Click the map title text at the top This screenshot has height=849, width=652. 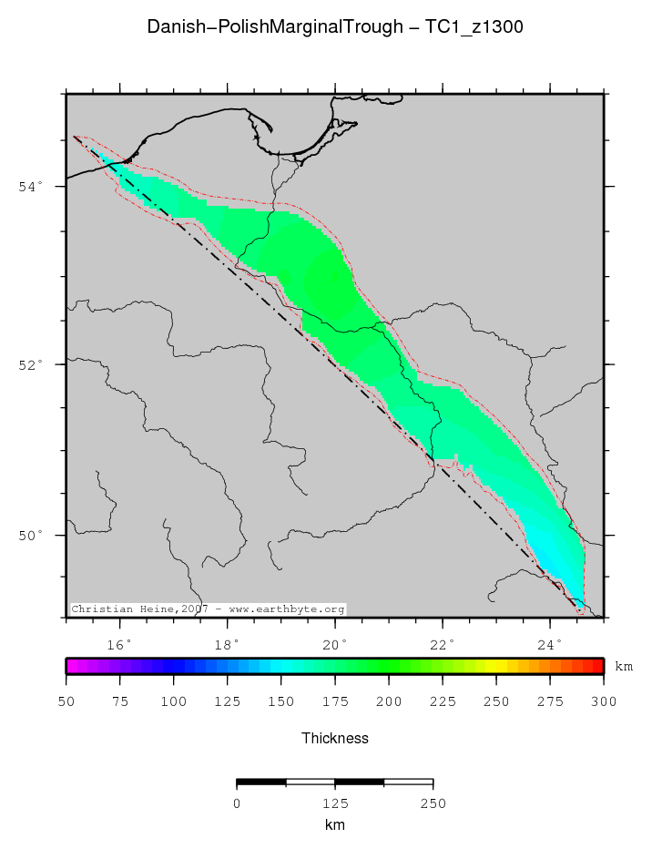(x=334, y=28)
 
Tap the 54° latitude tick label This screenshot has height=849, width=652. (x=31, y=187)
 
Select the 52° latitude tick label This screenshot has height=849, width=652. (x=31, y=364)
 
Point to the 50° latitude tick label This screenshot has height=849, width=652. (x=31, y=536)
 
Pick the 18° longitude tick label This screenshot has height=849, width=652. (x=228, y=644)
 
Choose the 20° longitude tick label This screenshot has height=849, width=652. (x=335, y=644)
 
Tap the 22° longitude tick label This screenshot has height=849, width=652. (x=443, y=644)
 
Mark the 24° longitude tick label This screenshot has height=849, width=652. (x=550, y=644)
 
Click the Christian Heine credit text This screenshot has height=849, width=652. (x=208, y=609)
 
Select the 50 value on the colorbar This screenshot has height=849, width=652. (x=66, y=701)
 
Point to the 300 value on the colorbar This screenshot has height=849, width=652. (x=604, y=701)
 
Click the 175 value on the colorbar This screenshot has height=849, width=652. (x=335, y=701)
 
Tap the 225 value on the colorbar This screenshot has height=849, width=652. (x=443, y=701)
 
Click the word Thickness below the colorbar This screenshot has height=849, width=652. (x=335, y=738)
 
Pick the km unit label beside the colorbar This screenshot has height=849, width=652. (x=624, y=667)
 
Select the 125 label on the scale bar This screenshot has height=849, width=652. (x=335, y=803)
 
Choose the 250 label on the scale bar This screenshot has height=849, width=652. (x=433, y=803)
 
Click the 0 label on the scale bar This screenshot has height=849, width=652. (x=237, y=803)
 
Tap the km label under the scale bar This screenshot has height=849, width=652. (x=335, y=825)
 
